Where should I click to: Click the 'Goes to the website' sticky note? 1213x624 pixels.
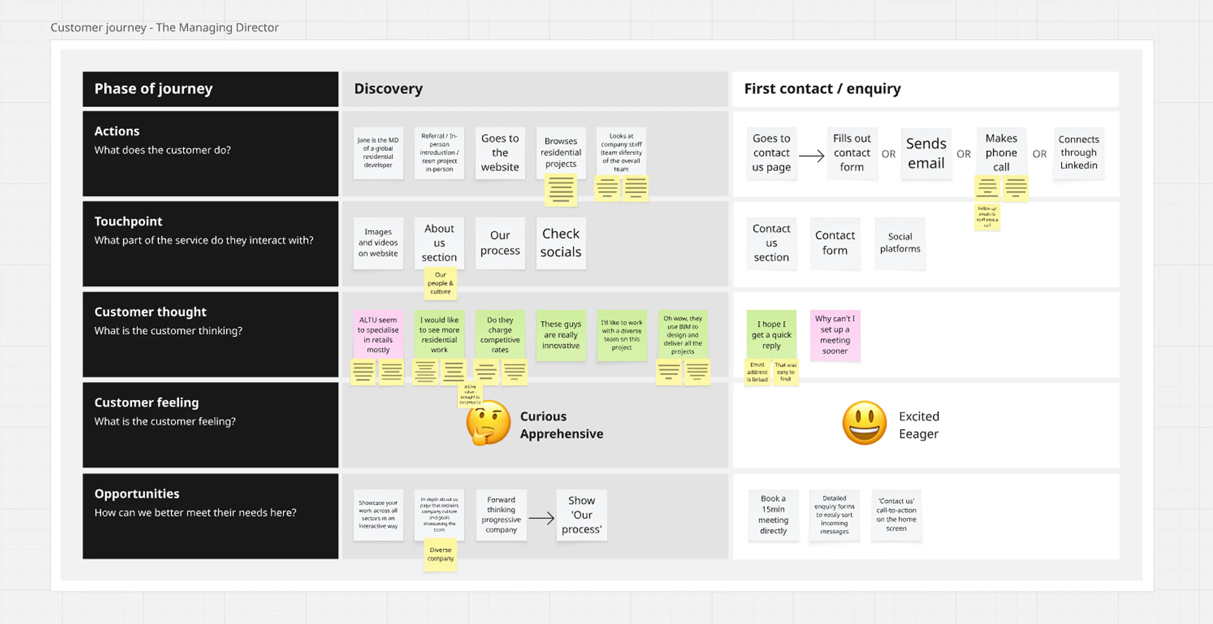(x=499, y=153)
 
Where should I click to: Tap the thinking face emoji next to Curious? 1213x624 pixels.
(x=488, y=422)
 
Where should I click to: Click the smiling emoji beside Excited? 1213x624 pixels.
(x=864, y=422)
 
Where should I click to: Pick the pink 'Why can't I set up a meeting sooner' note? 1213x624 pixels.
(x=835, y=335)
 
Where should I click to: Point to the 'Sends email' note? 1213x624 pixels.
(x=926, y=153)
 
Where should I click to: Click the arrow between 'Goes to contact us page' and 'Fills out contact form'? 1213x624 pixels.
(x=811, y=156)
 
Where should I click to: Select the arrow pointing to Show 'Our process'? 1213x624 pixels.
(x=541, y=518)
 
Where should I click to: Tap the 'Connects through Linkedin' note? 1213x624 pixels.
(x=1078, y=153)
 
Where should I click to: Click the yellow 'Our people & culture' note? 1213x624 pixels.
(x=440, y=283)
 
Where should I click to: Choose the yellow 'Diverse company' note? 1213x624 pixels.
(x=440, y=554)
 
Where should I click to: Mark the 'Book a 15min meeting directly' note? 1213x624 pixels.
(x=773, y=515)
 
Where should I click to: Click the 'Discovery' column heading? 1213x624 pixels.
(x=389, y=88)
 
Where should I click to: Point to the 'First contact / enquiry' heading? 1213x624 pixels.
(x=822, y=88)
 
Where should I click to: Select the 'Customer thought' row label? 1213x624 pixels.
(x=150, y=312)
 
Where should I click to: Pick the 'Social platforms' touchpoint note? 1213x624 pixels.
(x=900, y=243)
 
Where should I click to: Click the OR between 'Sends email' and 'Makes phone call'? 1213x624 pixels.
(x=963, y=154)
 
